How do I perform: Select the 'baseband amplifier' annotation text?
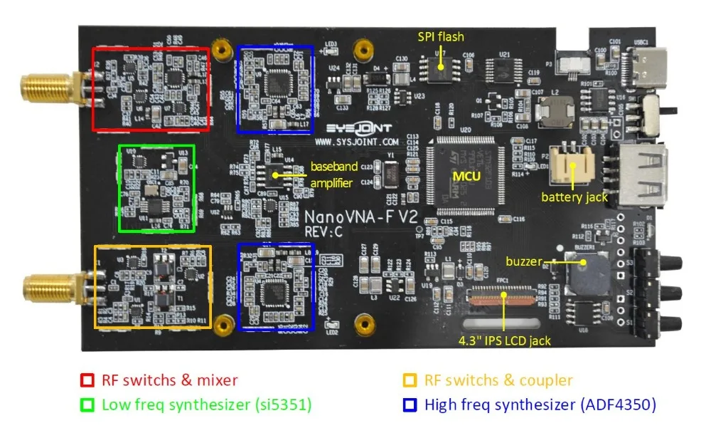pyautogui.click(x=334, y=175)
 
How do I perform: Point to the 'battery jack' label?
pyautogui.click(x=574, y=197)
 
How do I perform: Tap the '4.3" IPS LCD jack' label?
pyautogui.click(x=504, y=340)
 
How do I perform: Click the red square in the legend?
pyautogui.click(x=87, y=380)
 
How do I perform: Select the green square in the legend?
pyautogui.click(x=87, y=405)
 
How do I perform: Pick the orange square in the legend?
pyautogui.click(x=410, y=380)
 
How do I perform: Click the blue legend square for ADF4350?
pyautogui.click(x=410, y=405)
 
